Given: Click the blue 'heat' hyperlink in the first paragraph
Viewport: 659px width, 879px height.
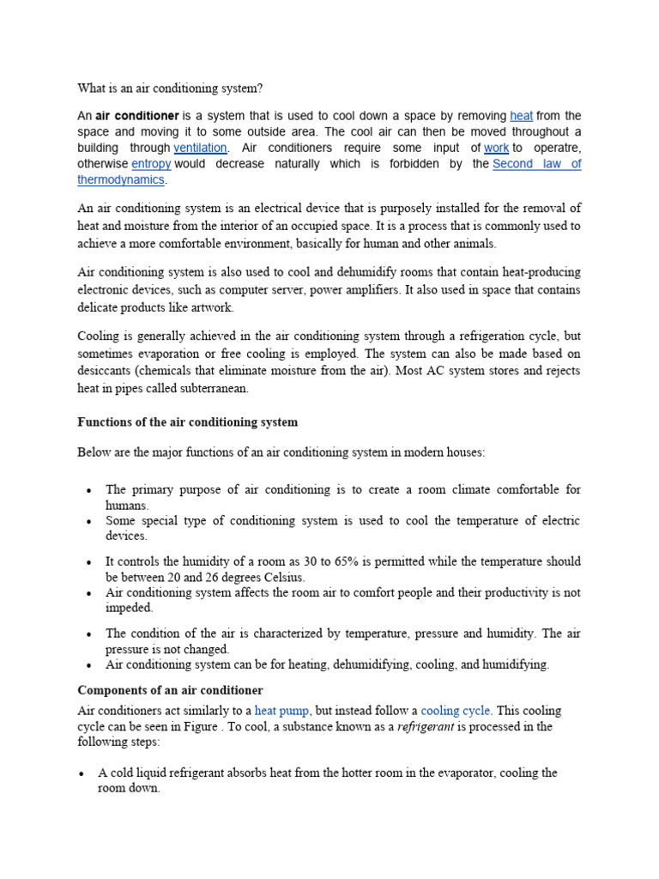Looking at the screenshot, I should [521, 115].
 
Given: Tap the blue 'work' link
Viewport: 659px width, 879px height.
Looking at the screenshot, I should [496, 148].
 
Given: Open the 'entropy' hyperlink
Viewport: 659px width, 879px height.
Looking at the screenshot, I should [151, 164].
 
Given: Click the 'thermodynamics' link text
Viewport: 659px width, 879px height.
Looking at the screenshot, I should [121, 180].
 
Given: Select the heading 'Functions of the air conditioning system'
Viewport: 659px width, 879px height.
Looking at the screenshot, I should [187, 422].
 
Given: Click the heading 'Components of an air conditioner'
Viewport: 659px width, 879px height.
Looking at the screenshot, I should [170, 690].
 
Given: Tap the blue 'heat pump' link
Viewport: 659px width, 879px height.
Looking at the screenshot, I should [282, 711].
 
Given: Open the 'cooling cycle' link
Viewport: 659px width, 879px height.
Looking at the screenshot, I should [456, 711].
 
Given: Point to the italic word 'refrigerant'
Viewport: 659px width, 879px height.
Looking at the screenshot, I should [428, 726].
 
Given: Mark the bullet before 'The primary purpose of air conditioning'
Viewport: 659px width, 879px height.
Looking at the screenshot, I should [89, 490].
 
